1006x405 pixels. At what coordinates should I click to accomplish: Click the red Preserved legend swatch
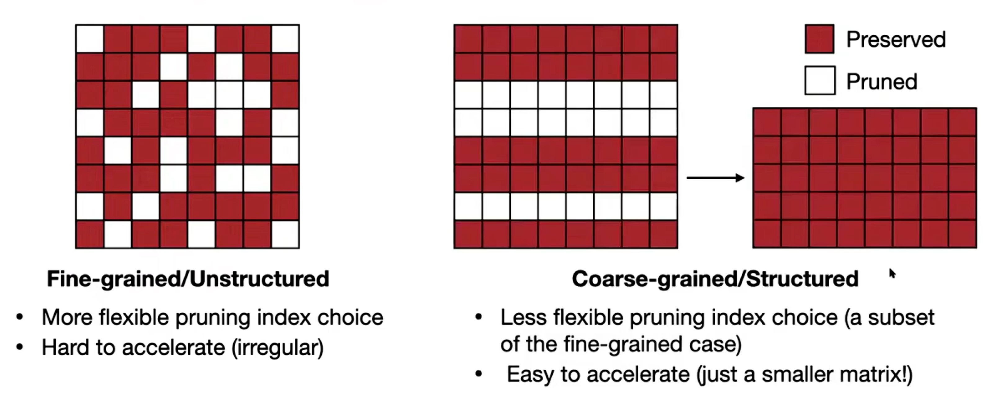819,39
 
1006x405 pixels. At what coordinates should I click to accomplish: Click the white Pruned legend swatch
820,80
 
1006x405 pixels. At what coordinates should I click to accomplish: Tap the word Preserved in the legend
896,39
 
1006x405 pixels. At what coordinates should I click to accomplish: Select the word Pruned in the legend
882,82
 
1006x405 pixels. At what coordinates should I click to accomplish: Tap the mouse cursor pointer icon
892,274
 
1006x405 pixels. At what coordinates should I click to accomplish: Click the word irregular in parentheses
278,348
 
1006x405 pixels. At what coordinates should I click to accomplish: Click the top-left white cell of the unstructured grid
90,39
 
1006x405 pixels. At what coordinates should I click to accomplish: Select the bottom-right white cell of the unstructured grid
285,234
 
